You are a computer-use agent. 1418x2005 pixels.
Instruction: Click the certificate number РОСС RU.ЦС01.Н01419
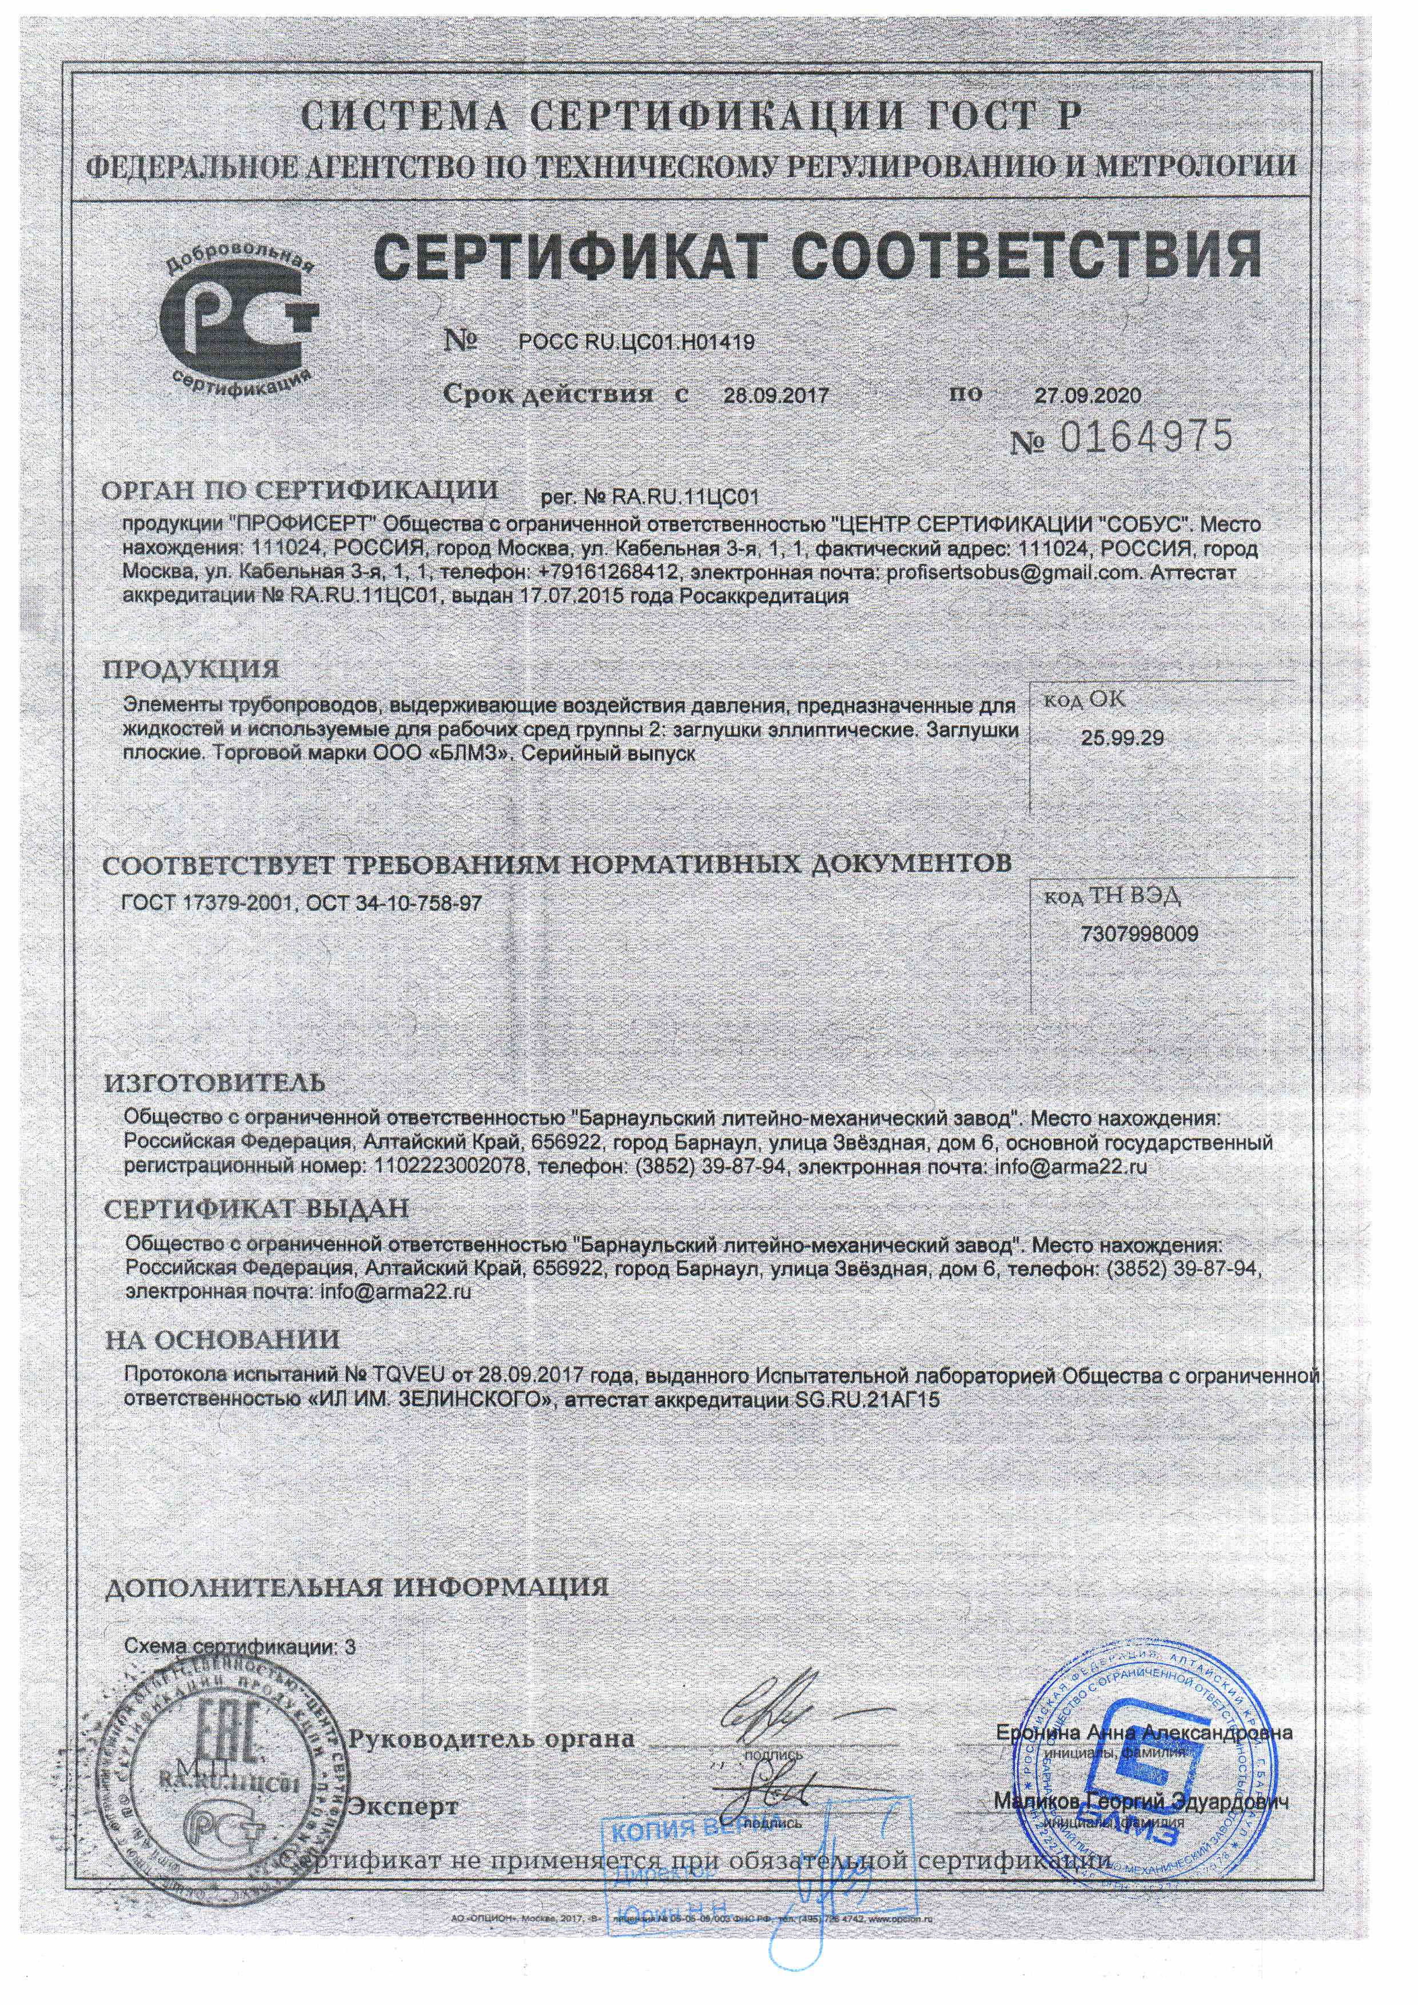(x=636, y=342)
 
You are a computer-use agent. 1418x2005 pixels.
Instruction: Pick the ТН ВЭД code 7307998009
(x=1140, y=934)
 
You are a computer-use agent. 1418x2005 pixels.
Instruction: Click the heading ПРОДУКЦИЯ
(x=191, y=670)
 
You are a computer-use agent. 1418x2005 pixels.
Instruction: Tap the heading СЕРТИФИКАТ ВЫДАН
(x=256, y=1210)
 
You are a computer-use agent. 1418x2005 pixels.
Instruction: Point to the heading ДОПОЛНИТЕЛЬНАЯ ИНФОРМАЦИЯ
(x=356, y=1587)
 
